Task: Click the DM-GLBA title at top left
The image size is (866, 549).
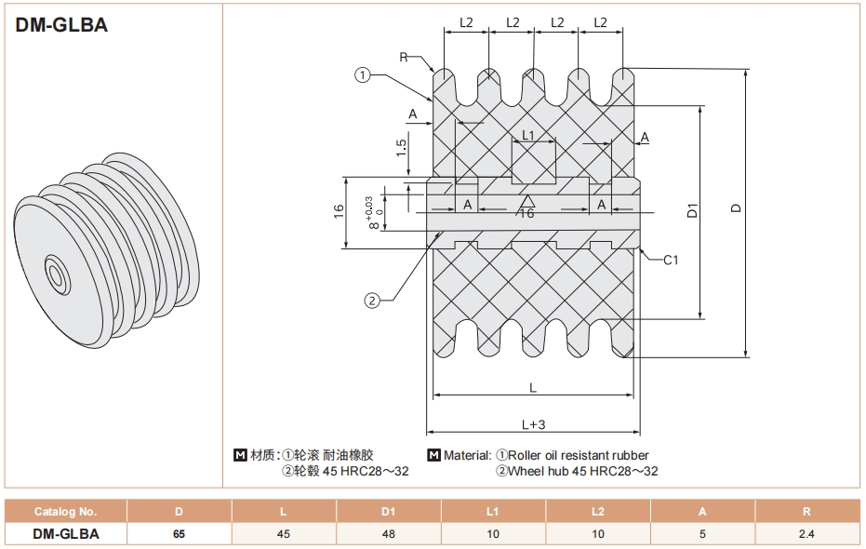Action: tap(61, 25)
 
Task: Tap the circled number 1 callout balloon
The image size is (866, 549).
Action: tap(363, 75)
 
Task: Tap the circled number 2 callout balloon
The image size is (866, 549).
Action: tap(371, 300)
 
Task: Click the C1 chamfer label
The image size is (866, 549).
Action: tap(671, 260)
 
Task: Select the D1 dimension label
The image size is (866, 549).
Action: tap(692, 210)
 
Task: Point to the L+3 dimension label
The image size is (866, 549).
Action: tap(533, 423)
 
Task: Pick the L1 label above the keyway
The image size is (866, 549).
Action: tap(528, 136)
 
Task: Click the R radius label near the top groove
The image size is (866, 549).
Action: tap(404, 57)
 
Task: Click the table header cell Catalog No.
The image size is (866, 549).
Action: tap(65, 511)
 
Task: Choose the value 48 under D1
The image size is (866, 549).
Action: tap(388, 534)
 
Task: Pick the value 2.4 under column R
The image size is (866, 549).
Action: tap(806, 534)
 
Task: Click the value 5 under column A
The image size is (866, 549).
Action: tap(702, 534)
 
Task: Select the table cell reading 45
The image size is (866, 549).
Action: tap(283, 534)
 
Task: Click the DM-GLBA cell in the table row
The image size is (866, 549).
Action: tap(65, 534)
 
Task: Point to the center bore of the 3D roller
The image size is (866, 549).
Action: tap(57, 276)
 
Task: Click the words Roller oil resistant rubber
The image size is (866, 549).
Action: tap(580, 456)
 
